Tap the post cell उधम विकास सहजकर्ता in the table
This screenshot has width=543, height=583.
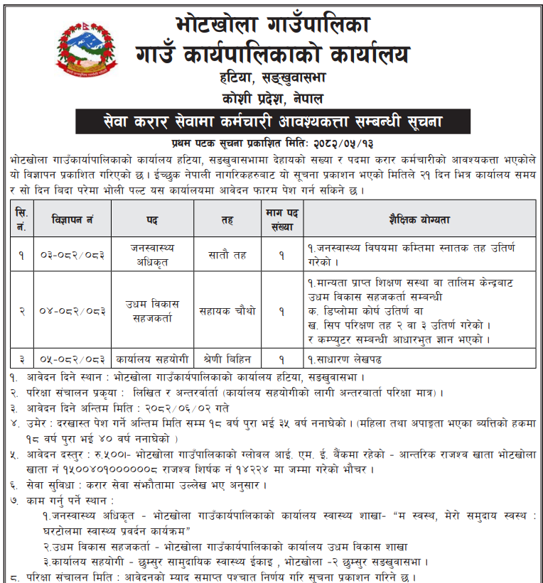pos(152,310)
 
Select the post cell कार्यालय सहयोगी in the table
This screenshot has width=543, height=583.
pos(152,359)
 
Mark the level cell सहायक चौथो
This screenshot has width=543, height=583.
pos(227,310)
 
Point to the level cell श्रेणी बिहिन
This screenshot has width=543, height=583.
pos(227,359)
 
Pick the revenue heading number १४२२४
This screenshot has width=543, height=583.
pos(276,469)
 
